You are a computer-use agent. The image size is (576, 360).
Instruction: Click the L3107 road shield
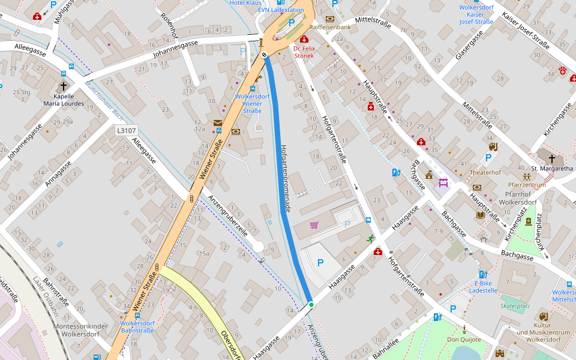127,130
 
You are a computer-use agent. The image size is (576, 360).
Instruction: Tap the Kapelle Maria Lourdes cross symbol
64,86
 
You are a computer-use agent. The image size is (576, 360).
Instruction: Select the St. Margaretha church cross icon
551,159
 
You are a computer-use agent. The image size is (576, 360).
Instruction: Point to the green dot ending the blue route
311,305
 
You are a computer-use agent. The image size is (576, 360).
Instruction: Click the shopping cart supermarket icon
314,225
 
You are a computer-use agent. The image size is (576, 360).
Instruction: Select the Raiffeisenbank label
330,28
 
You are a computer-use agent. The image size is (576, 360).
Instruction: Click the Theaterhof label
485,172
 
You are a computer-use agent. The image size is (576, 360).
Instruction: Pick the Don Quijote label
464,339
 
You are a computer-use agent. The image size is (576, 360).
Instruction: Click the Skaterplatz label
515,306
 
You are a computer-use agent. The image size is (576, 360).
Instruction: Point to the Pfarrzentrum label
527,185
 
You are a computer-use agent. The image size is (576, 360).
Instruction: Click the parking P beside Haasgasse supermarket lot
320,262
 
